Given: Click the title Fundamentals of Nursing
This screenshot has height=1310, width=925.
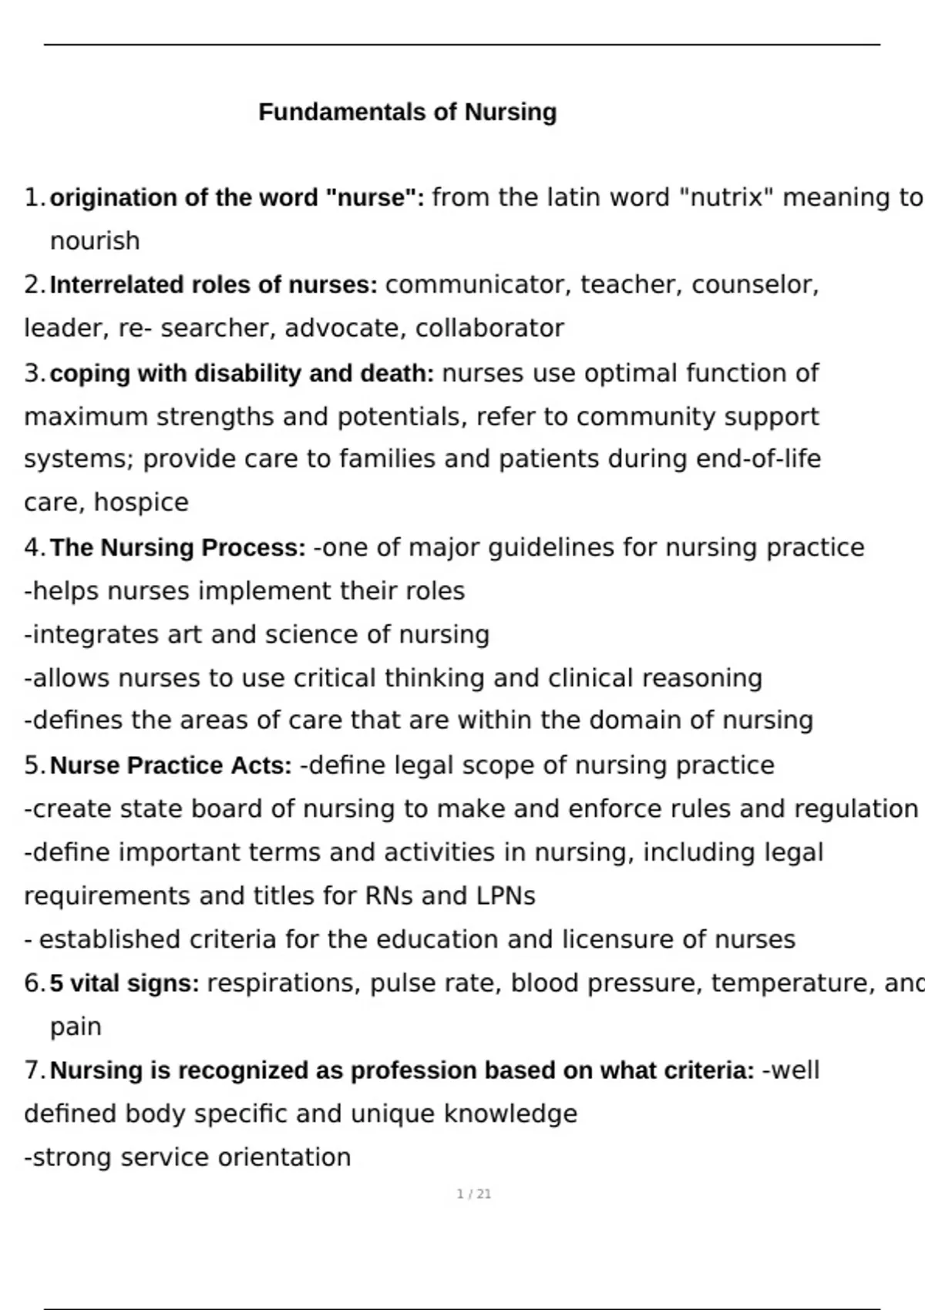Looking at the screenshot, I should (407, 113).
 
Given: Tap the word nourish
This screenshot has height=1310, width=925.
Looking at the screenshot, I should (95, 241).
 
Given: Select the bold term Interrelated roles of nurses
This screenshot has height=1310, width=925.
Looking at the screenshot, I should (214, 285).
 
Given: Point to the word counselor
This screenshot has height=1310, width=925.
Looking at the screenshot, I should (754, 285).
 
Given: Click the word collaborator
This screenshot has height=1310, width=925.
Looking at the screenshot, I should (489, 328).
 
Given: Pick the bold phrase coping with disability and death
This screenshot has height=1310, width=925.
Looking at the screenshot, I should (242, 374).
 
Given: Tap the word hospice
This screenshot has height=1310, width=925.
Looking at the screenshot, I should (141, 502).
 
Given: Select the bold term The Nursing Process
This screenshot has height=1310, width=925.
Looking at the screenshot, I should (178, 548).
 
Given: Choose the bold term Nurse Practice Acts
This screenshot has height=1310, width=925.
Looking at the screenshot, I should (171, 766).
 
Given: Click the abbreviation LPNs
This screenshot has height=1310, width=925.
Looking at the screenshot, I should (506, 896).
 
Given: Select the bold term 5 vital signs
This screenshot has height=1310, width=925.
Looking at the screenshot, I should (124, 984).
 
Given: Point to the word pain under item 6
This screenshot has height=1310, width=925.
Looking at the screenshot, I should (76, 1027).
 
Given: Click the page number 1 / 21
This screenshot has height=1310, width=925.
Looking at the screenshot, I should (473, 1194).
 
